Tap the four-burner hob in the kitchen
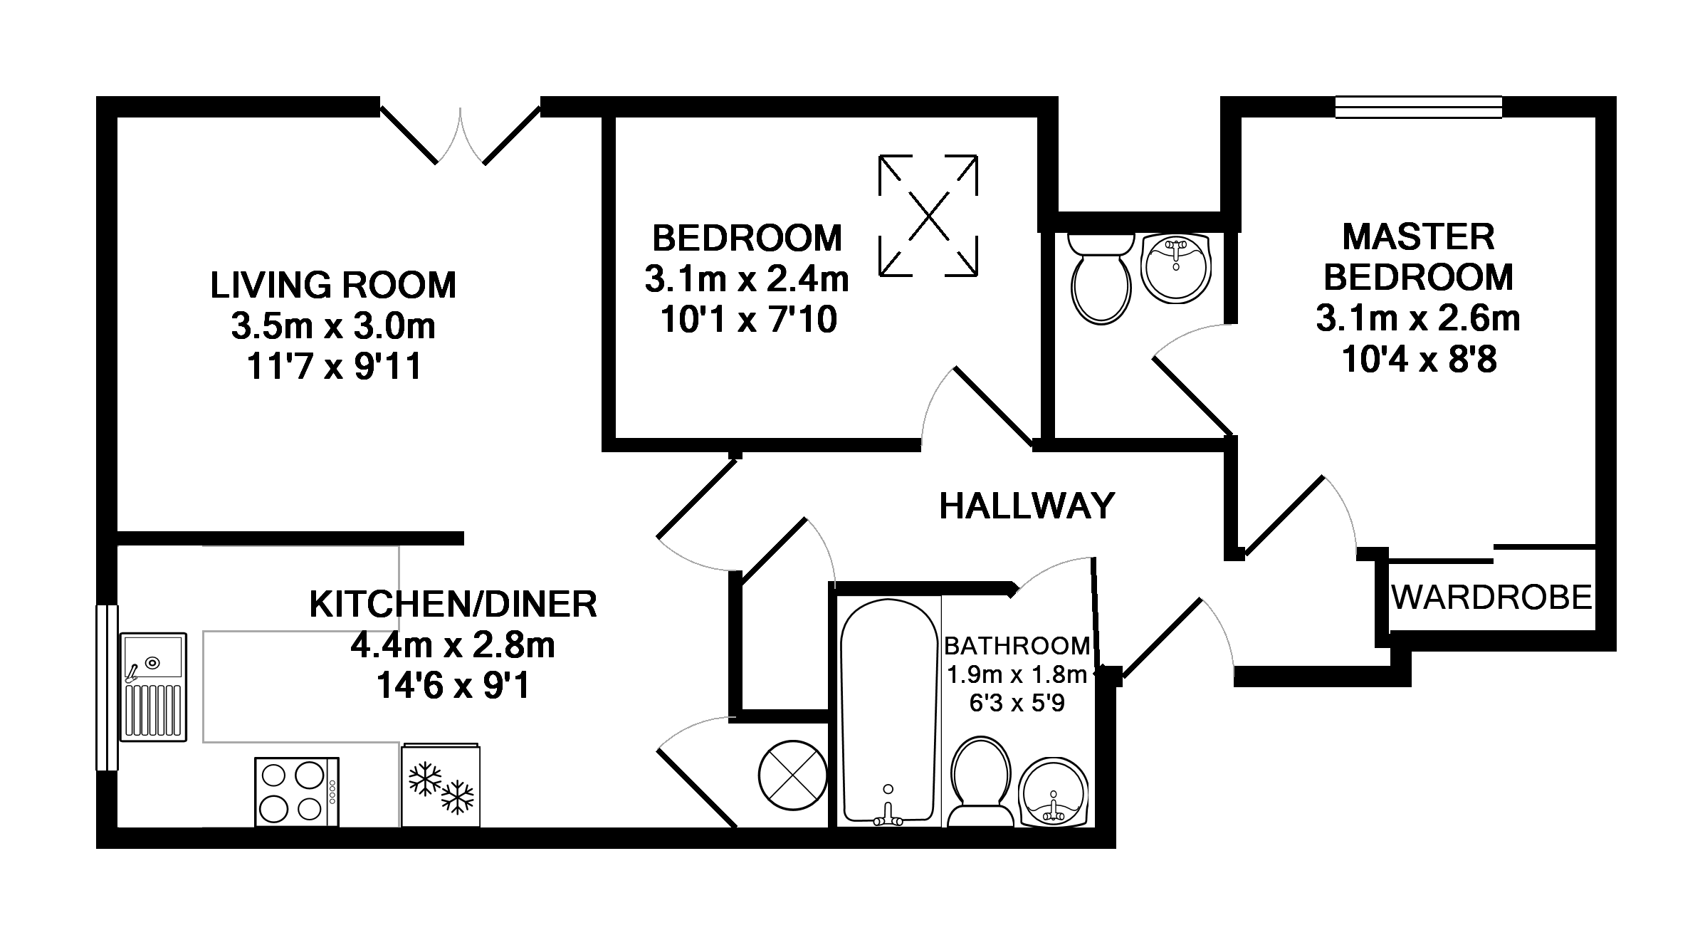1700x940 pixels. tap(296, 791)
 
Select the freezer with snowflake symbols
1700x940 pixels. tap(441, 785)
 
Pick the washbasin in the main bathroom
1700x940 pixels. tap(1054, 793)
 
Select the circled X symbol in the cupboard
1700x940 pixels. tap(792, 776)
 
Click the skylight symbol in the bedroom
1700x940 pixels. tap(928, 215)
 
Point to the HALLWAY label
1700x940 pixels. tap(1027, 506)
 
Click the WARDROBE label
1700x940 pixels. tap(1491, 597)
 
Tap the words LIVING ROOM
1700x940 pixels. tap(333, 285)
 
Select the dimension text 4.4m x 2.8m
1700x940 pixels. tap(452, 645)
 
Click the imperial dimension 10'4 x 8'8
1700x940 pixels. tap(1419, 360)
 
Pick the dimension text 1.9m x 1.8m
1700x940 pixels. tap(1017, 674)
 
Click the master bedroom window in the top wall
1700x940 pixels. tap(1418, 107)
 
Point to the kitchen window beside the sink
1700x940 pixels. tap(107, 687)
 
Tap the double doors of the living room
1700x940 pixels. tap(460, 135)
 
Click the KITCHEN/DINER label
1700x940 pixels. tap(453, 605)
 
